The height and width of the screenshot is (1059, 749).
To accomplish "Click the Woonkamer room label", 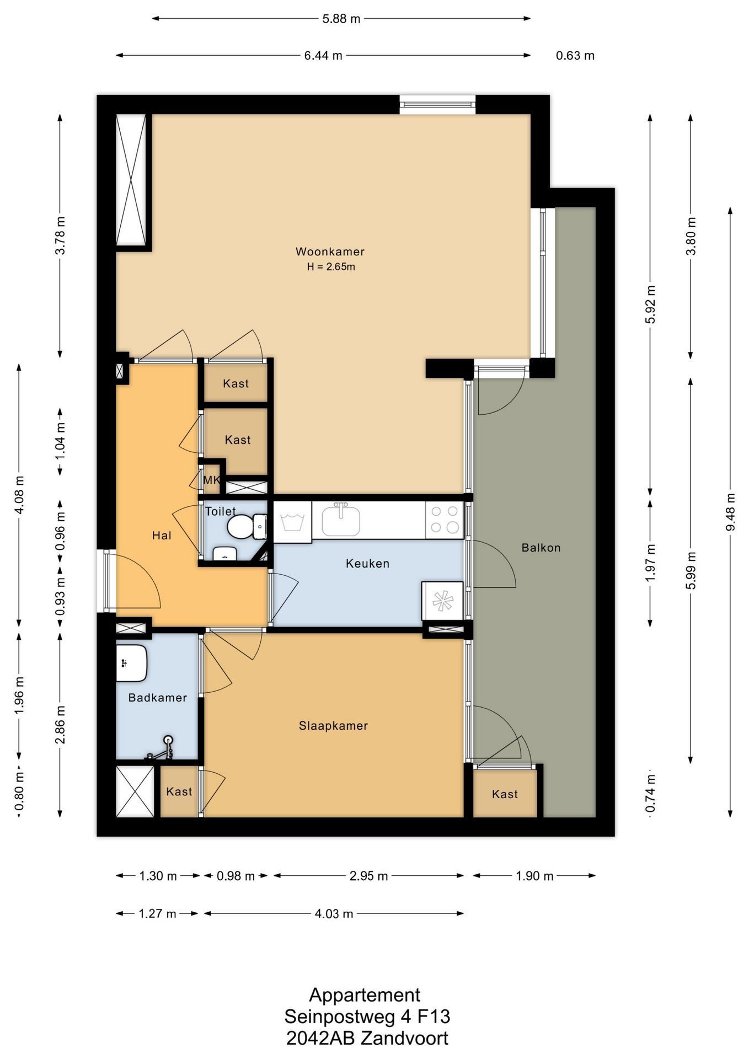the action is click(x=330, y=252).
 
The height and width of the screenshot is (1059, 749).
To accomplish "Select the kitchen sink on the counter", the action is click(x=341, y=520).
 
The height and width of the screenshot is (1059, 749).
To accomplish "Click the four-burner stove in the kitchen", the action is click(x=445, y=520).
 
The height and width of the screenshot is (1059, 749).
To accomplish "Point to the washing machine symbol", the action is click(x=293, y=521).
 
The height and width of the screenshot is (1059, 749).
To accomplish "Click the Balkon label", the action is click(x=541, y=548).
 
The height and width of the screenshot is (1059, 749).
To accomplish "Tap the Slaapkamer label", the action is click(x=333, y=726).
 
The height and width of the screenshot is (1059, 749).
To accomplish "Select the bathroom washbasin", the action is click(x=131, y=662).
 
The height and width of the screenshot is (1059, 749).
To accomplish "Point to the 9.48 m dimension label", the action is click(x=731, y=512).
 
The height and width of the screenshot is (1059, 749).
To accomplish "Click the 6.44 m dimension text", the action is click(x=323, y=55).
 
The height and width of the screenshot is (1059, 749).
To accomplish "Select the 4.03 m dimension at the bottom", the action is click(x=334, y=914).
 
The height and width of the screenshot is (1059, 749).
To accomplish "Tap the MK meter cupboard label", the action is click(x=211, y=480).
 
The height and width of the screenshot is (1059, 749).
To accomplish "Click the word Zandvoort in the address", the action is click(x=404, y=1039).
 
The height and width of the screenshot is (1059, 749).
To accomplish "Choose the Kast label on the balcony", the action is click(x=505, y=794).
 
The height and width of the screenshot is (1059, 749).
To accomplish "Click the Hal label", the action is click(x=162, y=535).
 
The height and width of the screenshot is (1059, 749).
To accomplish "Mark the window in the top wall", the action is click(x=437, y=104).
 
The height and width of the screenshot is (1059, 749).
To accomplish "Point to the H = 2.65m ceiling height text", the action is click(x=331, y=267).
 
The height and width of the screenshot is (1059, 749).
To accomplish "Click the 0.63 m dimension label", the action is click(x=575, y=55).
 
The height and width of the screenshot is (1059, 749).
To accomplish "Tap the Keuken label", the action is click(x=367, y=564).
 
